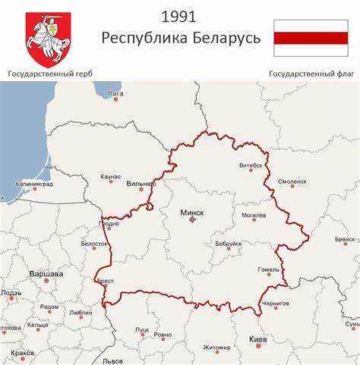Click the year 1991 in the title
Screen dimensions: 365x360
point(180,17)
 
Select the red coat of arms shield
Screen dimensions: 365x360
point(48,39)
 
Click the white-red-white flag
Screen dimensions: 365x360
point(310,38)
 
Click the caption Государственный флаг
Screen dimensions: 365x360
point(308,74)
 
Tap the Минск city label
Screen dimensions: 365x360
point(191,213)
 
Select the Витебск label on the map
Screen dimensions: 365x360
point(251,165)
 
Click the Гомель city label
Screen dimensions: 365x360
point(269,269)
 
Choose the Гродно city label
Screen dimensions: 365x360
point(109,224)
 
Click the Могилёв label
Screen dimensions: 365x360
point(254,216)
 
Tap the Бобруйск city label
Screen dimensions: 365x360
point(228,244)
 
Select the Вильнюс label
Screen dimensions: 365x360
point(141,184)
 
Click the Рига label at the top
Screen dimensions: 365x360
point(115,93)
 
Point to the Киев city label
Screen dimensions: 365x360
point(258,339)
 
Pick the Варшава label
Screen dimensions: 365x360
point(46,273)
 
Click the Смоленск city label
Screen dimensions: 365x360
point(292,182)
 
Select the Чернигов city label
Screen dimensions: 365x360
point(275,304)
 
